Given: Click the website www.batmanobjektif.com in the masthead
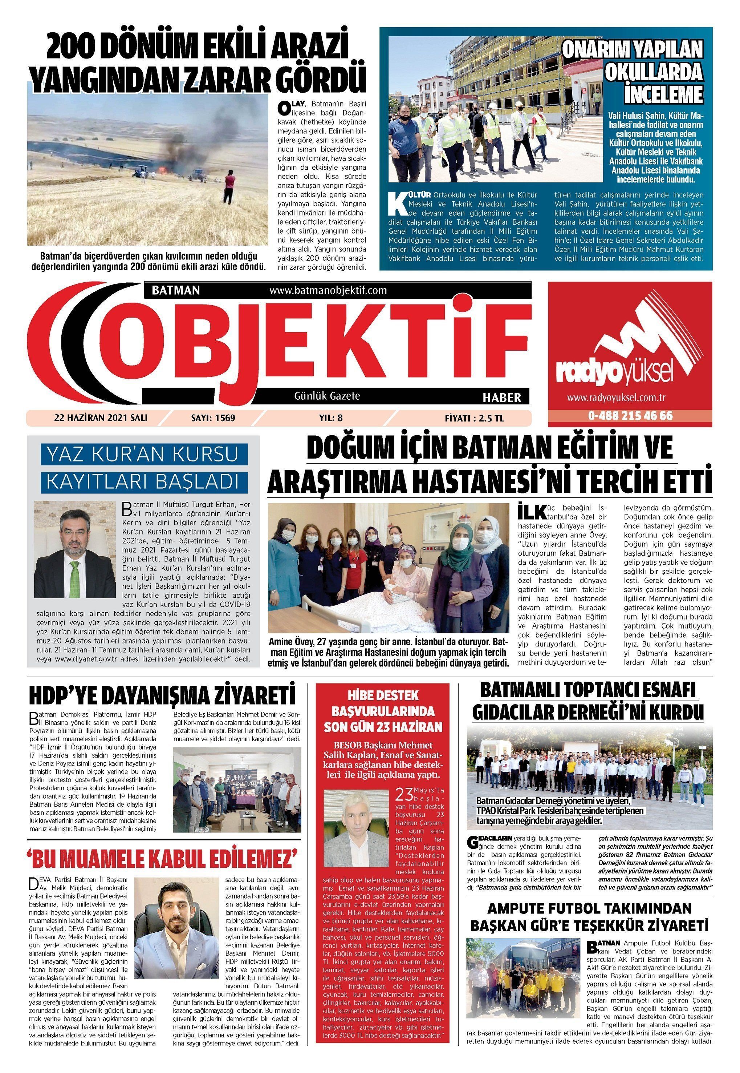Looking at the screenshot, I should tap(328, 290).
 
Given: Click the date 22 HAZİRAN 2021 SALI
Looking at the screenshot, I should tap(101, 417).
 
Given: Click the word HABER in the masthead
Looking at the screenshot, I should tap(502, 397).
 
